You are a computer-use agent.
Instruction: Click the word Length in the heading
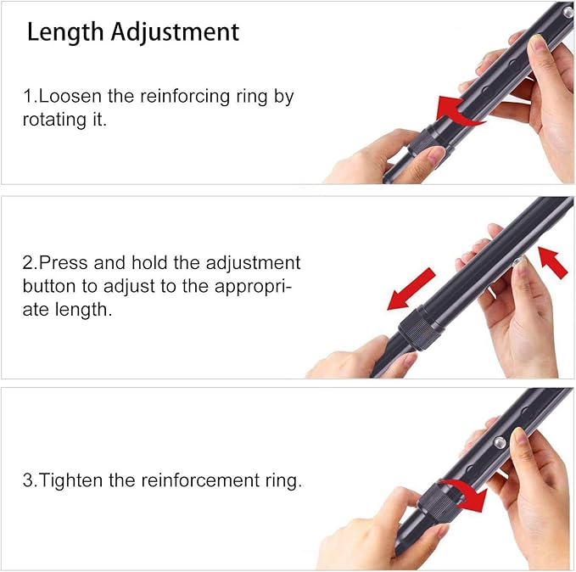coord(62,32)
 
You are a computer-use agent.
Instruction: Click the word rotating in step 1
coord(53,120)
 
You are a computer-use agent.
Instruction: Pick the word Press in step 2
coord(64,263)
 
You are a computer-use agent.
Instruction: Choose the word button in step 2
coord(50,286)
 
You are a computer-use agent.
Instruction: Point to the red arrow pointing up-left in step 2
coord(552,262)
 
